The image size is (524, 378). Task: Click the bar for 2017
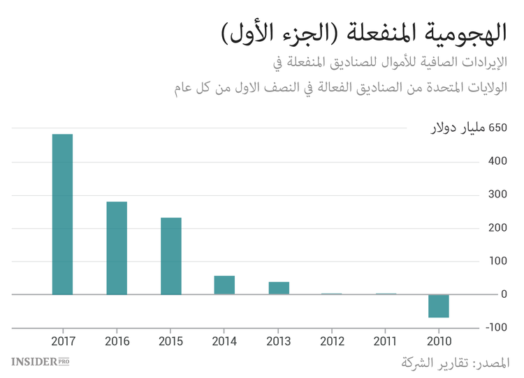click(62, 214)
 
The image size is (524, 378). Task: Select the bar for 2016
click(117, 248)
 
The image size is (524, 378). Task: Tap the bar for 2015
click(171, 256)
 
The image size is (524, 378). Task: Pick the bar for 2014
click(224, 285)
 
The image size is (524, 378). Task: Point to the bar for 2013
click(279, 288)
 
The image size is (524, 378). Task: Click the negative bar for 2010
click(439, 306)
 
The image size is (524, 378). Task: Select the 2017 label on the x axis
click(63, 341)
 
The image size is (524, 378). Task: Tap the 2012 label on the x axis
click(332, 341)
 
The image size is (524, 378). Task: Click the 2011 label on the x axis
click(386, 341)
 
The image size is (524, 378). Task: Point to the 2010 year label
click(439, 341)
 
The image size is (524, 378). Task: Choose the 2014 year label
click(224, 341)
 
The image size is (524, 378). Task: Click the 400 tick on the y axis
click(497, 162)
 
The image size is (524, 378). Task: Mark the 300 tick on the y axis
click(497, 195)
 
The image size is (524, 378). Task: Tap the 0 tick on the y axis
click(504, 294)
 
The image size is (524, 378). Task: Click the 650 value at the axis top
click(497, 128)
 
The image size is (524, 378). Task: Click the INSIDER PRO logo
click(41, 361)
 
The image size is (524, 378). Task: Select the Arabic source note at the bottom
click(456, 363)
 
